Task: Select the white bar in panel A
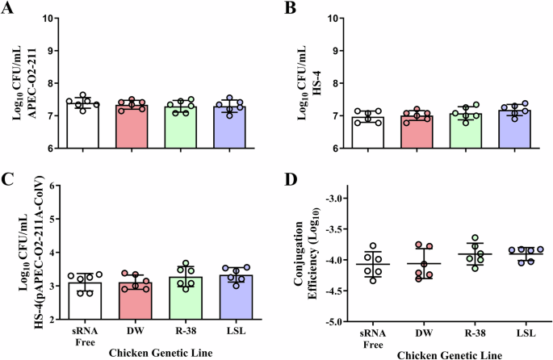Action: tap(83, 126)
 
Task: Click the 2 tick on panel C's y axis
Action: tap(54, 320)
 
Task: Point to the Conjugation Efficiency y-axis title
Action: tap(308, 258)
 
